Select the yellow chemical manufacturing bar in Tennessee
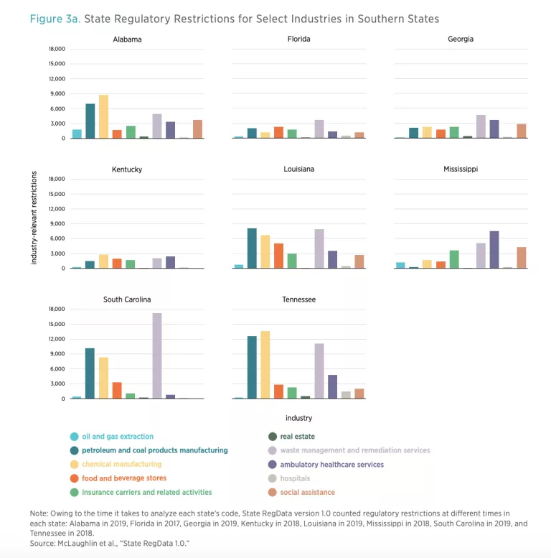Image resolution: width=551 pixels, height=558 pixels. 265,365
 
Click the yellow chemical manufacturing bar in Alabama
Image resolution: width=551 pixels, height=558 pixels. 103,116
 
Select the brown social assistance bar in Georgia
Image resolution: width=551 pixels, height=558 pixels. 522,131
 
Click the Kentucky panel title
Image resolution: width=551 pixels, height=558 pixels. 127,169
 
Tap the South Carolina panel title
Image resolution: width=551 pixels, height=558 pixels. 127,299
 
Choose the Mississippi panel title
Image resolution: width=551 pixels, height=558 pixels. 460,169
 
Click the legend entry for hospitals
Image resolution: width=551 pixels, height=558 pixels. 296,478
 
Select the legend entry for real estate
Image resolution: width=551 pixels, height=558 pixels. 298,437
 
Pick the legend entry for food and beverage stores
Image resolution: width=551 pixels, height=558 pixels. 124,478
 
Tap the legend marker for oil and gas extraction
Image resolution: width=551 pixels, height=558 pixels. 75,437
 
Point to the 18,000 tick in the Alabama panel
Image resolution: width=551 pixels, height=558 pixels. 56,49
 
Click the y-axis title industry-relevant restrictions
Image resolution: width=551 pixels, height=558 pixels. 34,218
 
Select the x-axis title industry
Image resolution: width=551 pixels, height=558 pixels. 299,418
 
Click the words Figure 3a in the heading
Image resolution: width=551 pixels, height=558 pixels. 55,19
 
